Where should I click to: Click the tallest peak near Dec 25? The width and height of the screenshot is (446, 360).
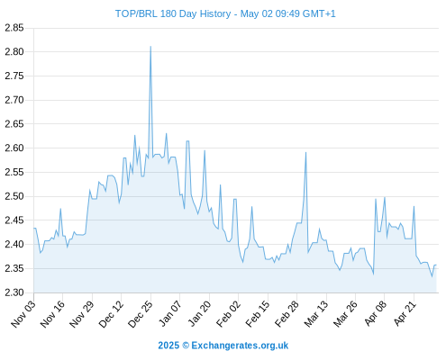pyautogui.click(x=150, y=47)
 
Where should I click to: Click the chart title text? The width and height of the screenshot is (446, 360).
pyautogui.click(x=225, y=13)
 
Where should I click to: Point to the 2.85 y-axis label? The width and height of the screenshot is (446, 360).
pyautogui.click(x=14, y=28)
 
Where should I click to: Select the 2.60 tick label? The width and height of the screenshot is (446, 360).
pyautogui.click(x=14, y=148)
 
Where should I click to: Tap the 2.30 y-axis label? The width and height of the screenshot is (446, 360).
pyautogui.click(x=14, y=292)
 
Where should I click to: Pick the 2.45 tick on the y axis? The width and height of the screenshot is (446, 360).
pyautogui.click(x=14, y=220)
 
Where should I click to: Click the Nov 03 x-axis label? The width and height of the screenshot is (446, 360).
pyautogui.click(x=23, y=313)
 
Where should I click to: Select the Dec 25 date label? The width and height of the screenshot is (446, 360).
pyautogui.click(x=141, y=313)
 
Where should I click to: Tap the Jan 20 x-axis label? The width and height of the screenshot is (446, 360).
pyautogui.click(x=199, y=313)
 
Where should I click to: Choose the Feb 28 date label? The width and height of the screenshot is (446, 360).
pyautogui.click(x=287, y=313)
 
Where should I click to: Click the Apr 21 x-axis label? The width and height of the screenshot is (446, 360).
pyautogui.click(x=405, y=313)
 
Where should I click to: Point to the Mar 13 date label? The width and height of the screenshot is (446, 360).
pyautogui.click(x=316, y=313)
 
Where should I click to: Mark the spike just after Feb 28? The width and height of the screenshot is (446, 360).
pyautogui.click(x=305, y=152)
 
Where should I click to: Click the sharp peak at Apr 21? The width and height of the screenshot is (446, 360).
pyautogui.click(x=414, y=206)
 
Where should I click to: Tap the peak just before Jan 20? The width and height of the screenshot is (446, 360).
pyautogui.click(x=205, y=150)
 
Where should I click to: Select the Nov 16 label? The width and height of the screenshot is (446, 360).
pyautogui.click(x=52, y=313)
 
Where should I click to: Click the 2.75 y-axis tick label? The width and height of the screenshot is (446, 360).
pyautogui.click(x=14, y=76)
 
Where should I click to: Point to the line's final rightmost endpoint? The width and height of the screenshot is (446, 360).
pyautogui.click(x=436, y=265)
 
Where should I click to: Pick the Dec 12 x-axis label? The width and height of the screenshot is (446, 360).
pyautogui.click(x=111, y=313)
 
